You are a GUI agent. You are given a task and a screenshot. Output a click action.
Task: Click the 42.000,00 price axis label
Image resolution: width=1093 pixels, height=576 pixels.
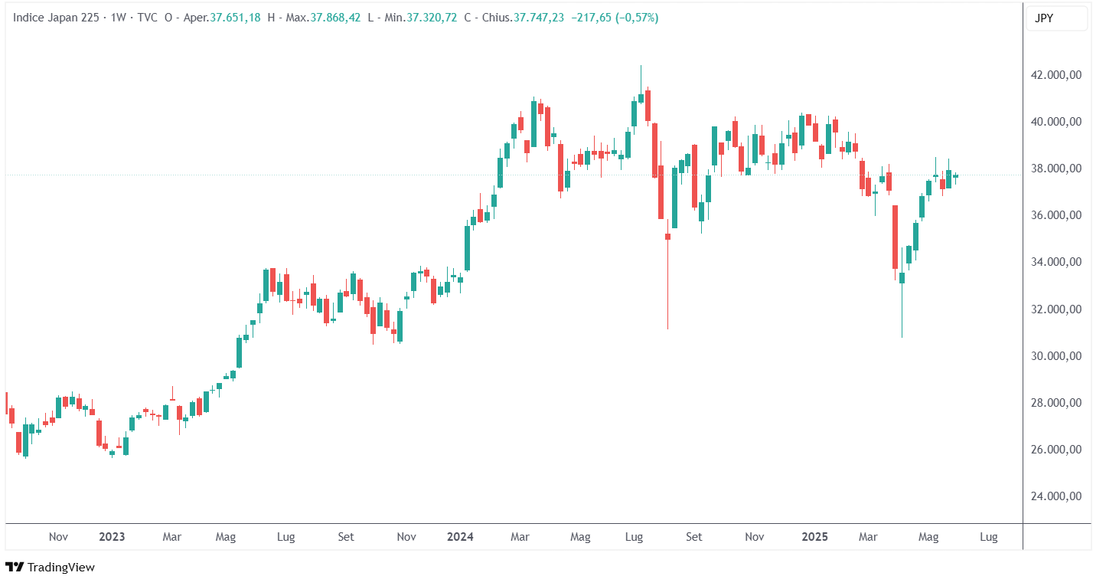(x=1056, y=75)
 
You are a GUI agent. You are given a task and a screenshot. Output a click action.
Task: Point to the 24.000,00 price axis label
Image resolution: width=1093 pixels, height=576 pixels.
(x=1056, y=496)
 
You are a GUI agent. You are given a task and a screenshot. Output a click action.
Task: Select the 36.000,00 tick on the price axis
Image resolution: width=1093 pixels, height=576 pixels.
(x=1056, y=215)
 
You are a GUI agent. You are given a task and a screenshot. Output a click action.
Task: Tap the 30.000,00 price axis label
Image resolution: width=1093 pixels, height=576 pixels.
(x=1056, y=356)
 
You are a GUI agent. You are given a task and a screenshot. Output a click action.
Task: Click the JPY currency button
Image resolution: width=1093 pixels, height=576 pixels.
(x=1044, y=18)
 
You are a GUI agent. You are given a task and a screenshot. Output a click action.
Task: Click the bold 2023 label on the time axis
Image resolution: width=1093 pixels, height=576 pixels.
(x=112, y=537)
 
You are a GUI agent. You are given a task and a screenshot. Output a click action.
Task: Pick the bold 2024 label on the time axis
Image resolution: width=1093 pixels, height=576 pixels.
(x=461, y=537)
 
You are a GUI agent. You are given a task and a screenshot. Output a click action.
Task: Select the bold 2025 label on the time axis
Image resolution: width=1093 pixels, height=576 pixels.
(x=814, y=537)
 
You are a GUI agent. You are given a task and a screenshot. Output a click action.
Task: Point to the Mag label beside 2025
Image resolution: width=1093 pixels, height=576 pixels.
(x=928, y=537)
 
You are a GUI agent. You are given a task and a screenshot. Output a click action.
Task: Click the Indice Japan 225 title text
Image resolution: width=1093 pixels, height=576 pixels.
(x=56, y=18)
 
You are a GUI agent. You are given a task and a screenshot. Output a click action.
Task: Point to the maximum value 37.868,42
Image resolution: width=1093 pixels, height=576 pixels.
(x=335, y=18)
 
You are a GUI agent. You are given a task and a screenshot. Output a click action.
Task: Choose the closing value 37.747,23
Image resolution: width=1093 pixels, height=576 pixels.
(x=539, y=18)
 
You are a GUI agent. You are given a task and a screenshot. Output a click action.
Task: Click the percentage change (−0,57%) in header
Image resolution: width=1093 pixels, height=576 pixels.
(x=636, y=18)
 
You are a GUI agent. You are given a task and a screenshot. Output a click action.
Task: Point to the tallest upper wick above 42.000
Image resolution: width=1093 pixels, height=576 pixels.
(x=641, y=77)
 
